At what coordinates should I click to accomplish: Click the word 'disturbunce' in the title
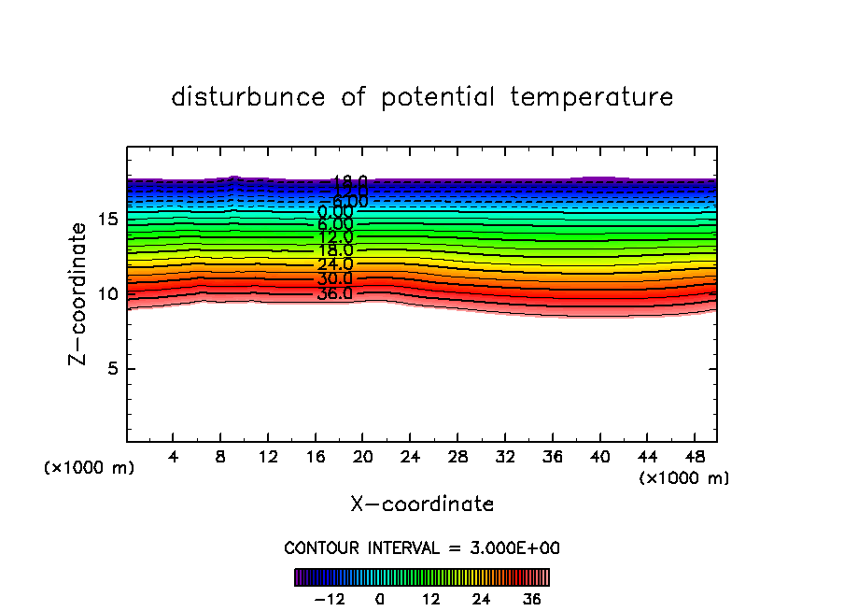[248, 97]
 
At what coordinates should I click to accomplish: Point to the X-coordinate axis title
[422, 504]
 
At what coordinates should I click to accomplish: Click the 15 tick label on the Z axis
[105, 220]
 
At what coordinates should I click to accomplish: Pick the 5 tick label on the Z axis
[110, 369]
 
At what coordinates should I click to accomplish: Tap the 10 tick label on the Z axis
[105, 294]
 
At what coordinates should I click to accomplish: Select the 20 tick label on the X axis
[363, 457]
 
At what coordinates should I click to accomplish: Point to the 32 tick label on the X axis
[505, 457]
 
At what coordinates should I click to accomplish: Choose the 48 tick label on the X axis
[694, 457]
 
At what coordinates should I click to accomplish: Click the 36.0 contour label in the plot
[335, 293]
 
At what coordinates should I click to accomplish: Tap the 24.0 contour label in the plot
[335, 265]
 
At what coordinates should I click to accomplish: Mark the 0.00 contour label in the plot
[335, 211]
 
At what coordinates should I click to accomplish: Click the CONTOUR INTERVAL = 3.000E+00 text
[422, 548]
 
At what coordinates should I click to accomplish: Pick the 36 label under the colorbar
[531, 599]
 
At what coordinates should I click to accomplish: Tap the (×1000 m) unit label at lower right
[684, 478]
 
